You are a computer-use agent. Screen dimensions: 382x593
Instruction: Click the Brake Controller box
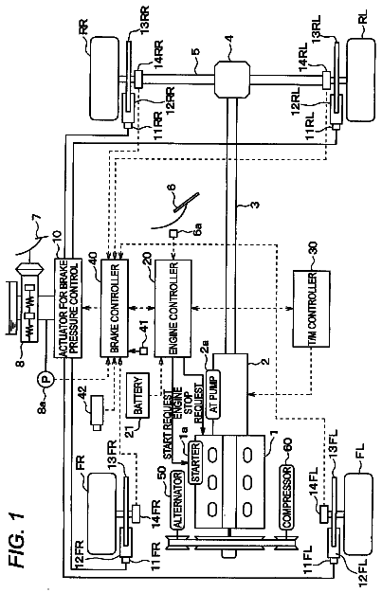click(114, 308)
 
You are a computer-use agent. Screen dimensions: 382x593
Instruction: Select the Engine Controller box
click(173, 308)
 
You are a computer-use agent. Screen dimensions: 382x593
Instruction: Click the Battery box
click(137, 395)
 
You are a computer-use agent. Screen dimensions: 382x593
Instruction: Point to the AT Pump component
click(212, 393)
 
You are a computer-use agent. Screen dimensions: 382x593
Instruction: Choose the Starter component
click(195, 463)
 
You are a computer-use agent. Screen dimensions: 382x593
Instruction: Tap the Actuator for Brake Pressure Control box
click(68, 308)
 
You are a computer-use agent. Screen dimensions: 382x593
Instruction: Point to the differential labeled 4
click(232, 80)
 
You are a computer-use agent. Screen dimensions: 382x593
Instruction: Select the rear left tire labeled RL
click(361, 80)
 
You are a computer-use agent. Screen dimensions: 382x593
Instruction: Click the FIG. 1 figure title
click(18, 538)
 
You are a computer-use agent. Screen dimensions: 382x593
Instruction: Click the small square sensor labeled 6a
click(173, 234)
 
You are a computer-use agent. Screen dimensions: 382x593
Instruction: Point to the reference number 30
click(313, 250)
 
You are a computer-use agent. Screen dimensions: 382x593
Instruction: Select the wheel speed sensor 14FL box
click(324, 513)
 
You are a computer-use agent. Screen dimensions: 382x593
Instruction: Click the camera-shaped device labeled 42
click(97, 412)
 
